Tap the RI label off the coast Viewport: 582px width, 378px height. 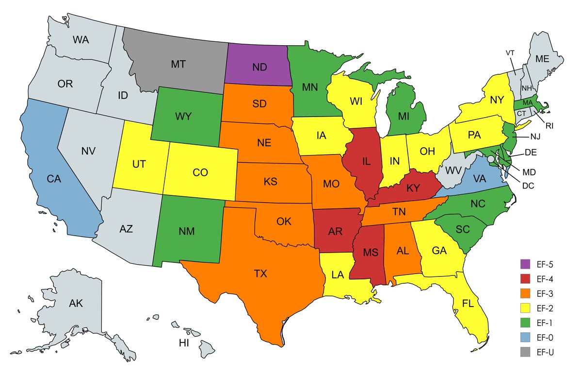tap(549, 125)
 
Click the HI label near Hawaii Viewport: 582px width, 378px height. tap(184, 344)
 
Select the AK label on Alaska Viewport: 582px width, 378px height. tap(76, 304)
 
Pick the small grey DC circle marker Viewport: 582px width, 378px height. tap(491, 159)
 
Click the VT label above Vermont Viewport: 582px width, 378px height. tap(510, 52)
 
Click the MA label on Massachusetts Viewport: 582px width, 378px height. tap(527, 103)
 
